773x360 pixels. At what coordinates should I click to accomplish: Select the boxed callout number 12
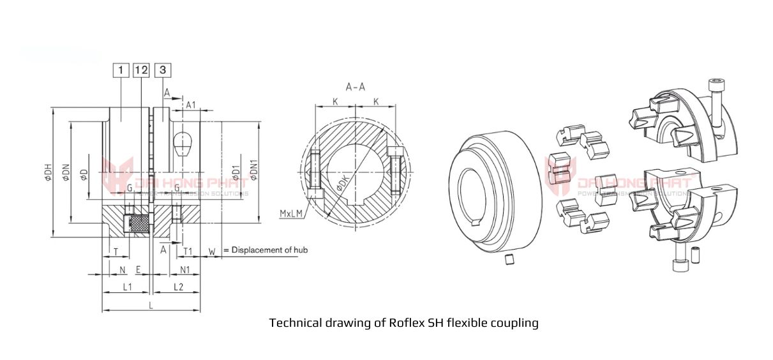[x=141, y=70]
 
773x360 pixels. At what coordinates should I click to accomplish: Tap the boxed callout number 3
[x=163, y=70]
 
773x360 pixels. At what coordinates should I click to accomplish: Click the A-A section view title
[x=355, y=87]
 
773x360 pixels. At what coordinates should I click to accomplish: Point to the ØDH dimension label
[x=48, y=174]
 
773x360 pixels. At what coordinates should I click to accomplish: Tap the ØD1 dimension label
[x=236, y=172]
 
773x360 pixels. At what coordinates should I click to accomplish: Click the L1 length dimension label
[x=126, y=288]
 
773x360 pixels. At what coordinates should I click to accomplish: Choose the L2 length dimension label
[x=178, y=288]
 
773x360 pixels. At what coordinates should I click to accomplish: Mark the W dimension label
[x=211, y=250]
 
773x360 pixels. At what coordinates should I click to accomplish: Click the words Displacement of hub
[x=269, y=250]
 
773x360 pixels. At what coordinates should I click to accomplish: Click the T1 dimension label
[x=188, y=250]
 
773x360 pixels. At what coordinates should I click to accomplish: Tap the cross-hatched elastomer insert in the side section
[x=138, y=223]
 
